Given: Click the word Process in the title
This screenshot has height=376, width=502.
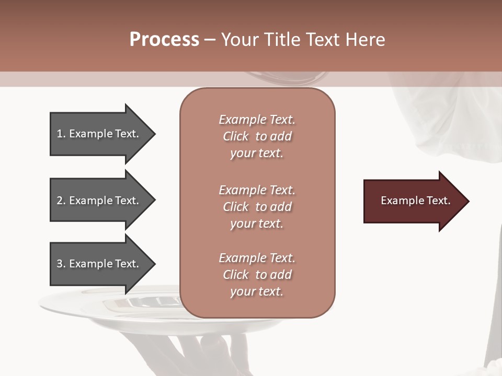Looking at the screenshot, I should pyautogui.click(x=164, y=40).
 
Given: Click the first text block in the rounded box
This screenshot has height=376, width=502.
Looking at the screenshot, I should pyautogui.click(x=257, y=136).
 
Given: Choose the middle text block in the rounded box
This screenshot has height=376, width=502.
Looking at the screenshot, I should pyautogui.click(x=257, y=207).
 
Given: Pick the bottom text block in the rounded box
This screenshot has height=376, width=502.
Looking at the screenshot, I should pyautogui.click(x=257, y=275).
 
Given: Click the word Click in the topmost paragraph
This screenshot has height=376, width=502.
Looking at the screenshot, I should pyautogui.click(x=236, y=136).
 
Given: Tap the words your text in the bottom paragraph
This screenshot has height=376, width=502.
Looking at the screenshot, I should pyautogui.click(x=257, y=291).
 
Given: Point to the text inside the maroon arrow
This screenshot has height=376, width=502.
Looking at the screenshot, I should pyautogui.click(x=416, y=201).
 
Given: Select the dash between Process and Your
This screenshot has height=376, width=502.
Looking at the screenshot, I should pyautogui.click(x=210, y=40).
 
